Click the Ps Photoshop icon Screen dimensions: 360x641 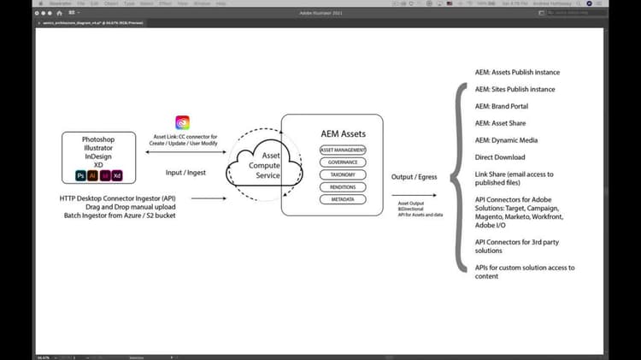80,175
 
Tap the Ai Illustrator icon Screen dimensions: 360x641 92,175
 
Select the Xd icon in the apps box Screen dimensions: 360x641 117,175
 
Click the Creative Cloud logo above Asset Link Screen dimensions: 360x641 182,122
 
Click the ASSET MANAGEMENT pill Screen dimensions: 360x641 343,150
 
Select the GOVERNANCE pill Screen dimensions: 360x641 343,162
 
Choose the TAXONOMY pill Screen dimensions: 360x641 343,174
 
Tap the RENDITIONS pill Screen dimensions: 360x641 343,186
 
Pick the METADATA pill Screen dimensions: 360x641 343,199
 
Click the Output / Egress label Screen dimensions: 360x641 415,177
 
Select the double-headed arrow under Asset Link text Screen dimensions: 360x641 184,151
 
